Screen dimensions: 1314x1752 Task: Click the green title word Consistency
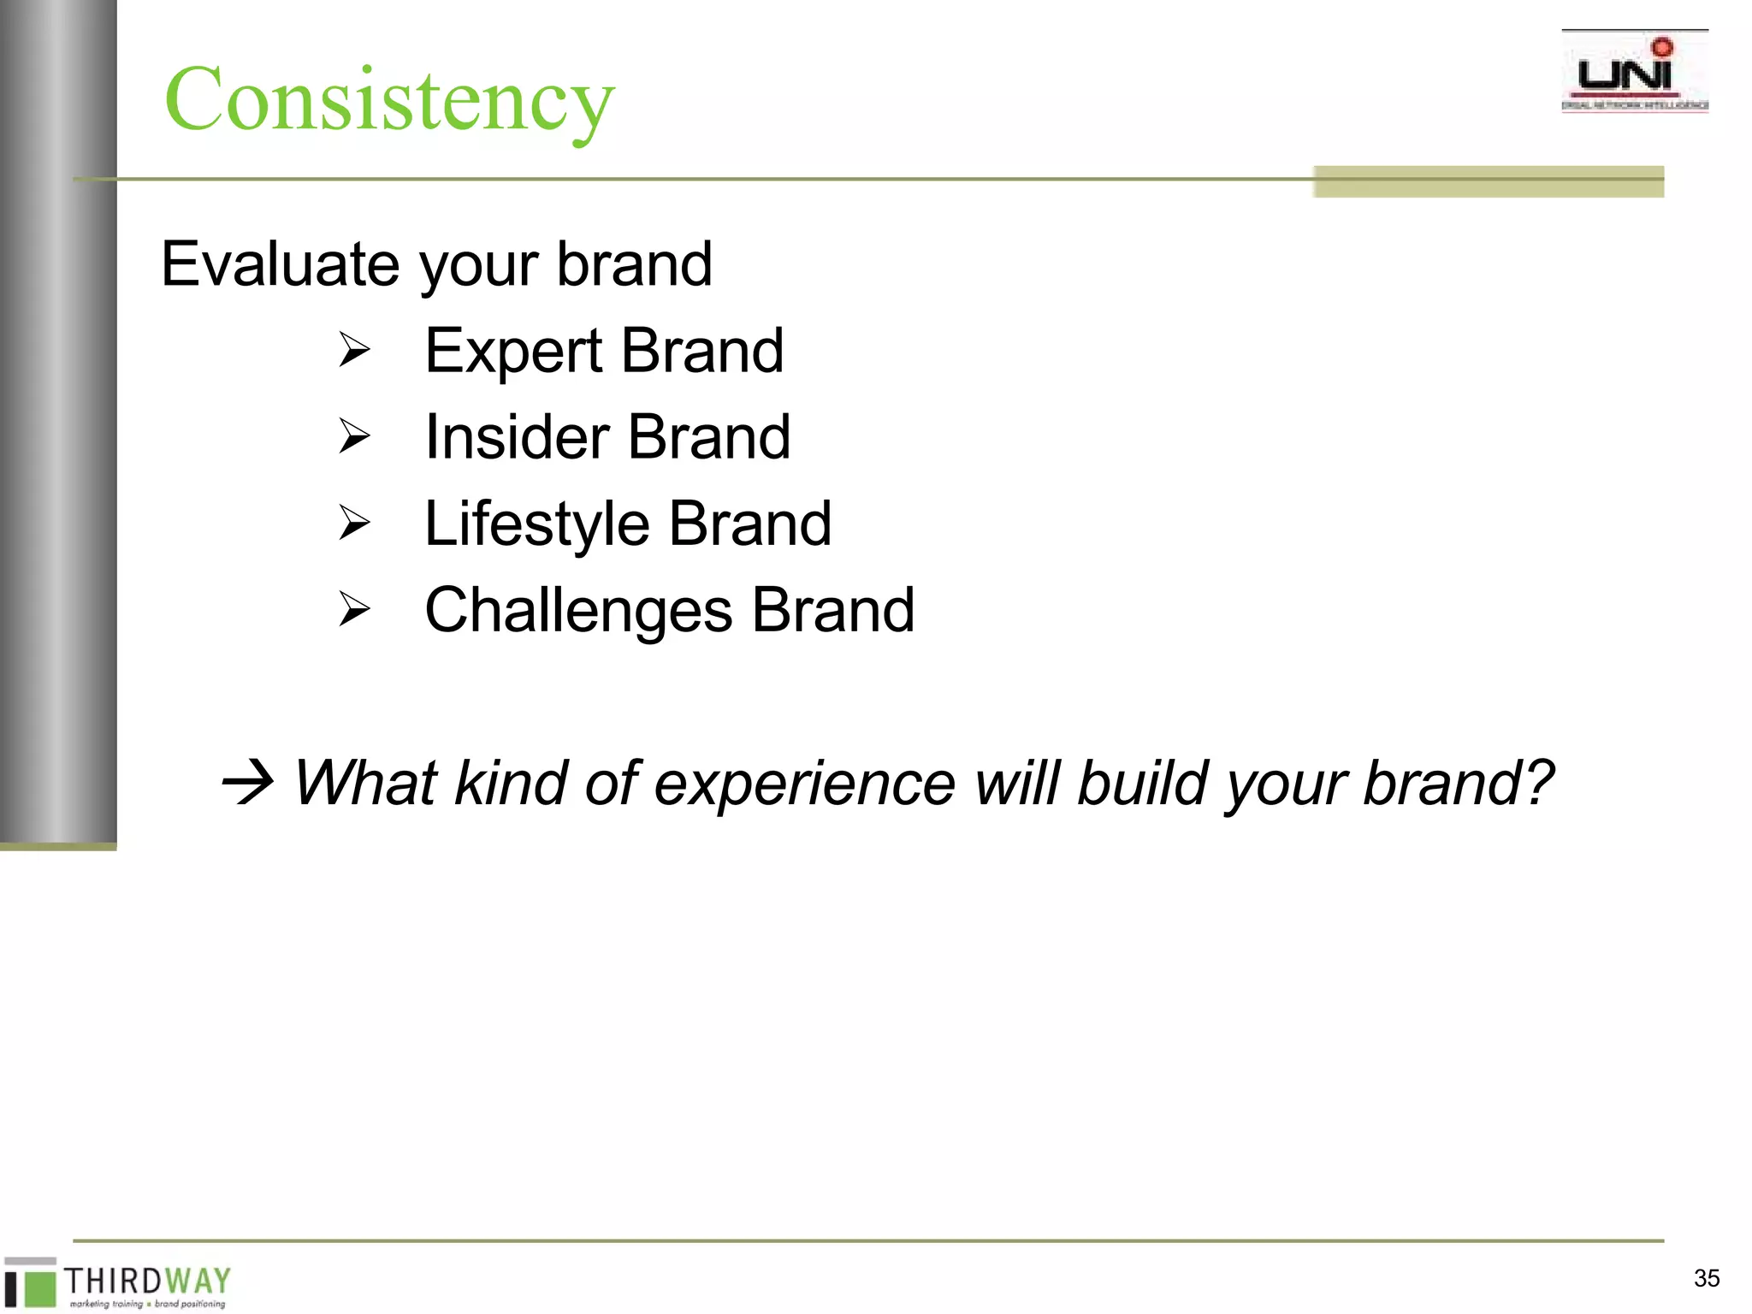[x=389, y=100]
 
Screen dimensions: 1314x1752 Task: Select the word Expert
[x=513, y=352]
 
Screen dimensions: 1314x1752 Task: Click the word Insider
[x=517, y=437]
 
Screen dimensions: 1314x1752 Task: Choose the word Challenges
[x=578, y=611]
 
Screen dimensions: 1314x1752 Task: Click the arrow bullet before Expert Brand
[x=353, y=351]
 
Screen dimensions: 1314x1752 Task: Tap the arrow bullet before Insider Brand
[x=353, y=436]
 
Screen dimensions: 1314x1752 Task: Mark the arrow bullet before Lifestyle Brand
[x=353, y=523]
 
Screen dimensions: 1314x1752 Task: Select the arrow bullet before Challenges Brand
[x=353, y=609]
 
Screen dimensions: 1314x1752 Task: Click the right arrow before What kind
[x=247, y=782]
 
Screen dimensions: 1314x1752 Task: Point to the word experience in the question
[x=804, y=784]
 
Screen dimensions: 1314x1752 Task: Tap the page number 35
[x=1706, y=1278]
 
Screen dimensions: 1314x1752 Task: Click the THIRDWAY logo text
[x=147, y=1281]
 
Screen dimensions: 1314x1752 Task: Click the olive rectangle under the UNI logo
[x=1489, y=181]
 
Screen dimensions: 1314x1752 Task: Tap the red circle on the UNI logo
[x=1662, y=47]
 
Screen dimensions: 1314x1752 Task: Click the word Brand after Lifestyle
[x=749, y=524]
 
